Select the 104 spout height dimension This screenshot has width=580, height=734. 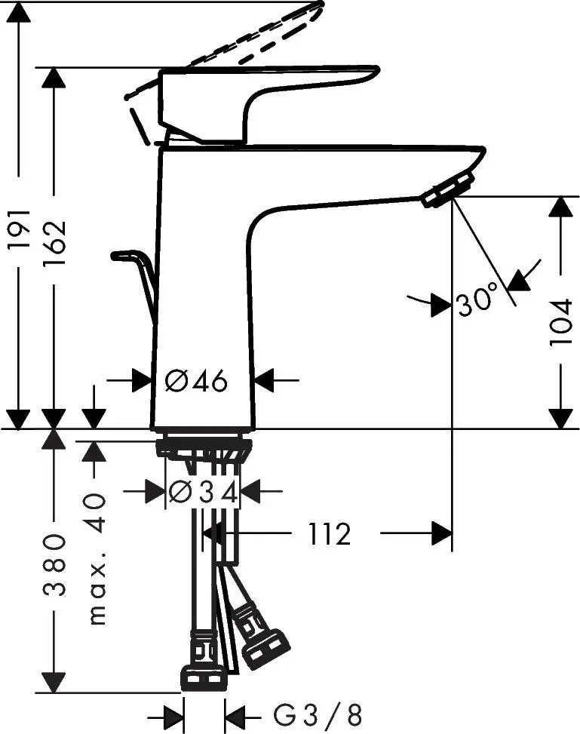[561, 323]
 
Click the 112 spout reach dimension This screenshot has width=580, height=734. [330, 535]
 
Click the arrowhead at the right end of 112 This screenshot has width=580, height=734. [442, 535]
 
